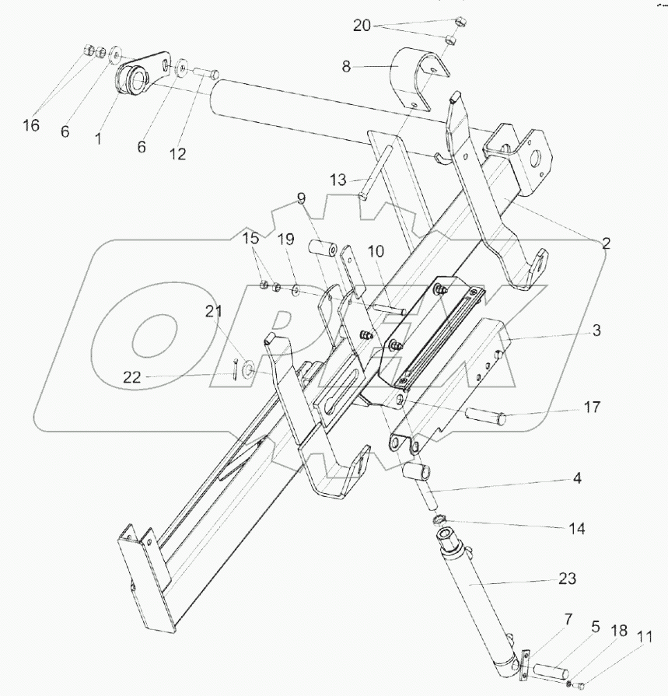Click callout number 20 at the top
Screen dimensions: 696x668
pos(362,26)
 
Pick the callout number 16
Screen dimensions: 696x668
pos(30,124)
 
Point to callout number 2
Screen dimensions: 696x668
pos(606,243)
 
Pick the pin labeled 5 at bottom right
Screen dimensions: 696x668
pos(548,667)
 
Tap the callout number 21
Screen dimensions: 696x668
pos(213,312)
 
